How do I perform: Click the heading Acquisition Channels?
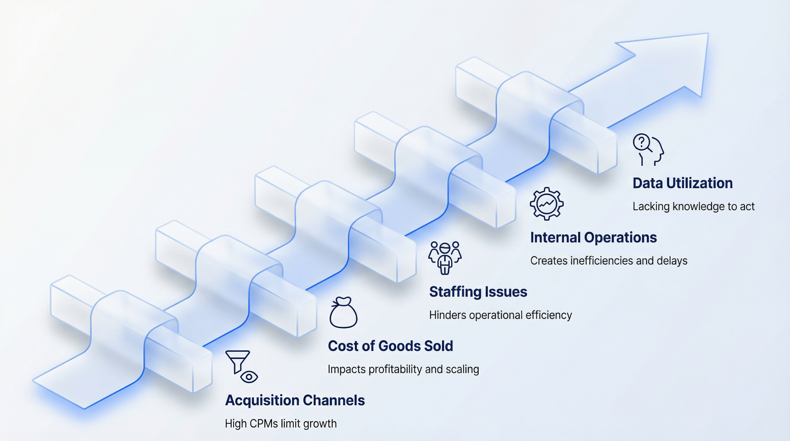pyautogui.click(x=295, y=400)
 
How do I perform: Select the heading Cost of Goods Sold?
pyautogui.click(x=390, y=346)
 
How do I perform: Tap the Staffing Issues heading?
pyautogui.click(x=478, y=292)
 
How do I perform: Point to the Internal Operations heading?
pyautogui.click(x=593, y=238)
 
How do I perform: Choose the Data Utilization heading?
pyautogui.click(x=682, y=183)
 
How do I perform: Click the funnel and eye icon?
pyautogui.click(x=241, y=366)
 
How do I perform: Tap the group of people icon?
pyautogui.click(x=445, y=258)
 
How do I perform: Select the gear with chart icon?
pyautogui.click(x=547, y=204)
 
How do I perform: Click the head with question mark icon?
pyautogui.click(x=648, y=150)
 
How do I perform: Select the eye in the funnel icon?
pyautogui.click(x=249, y=376)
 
